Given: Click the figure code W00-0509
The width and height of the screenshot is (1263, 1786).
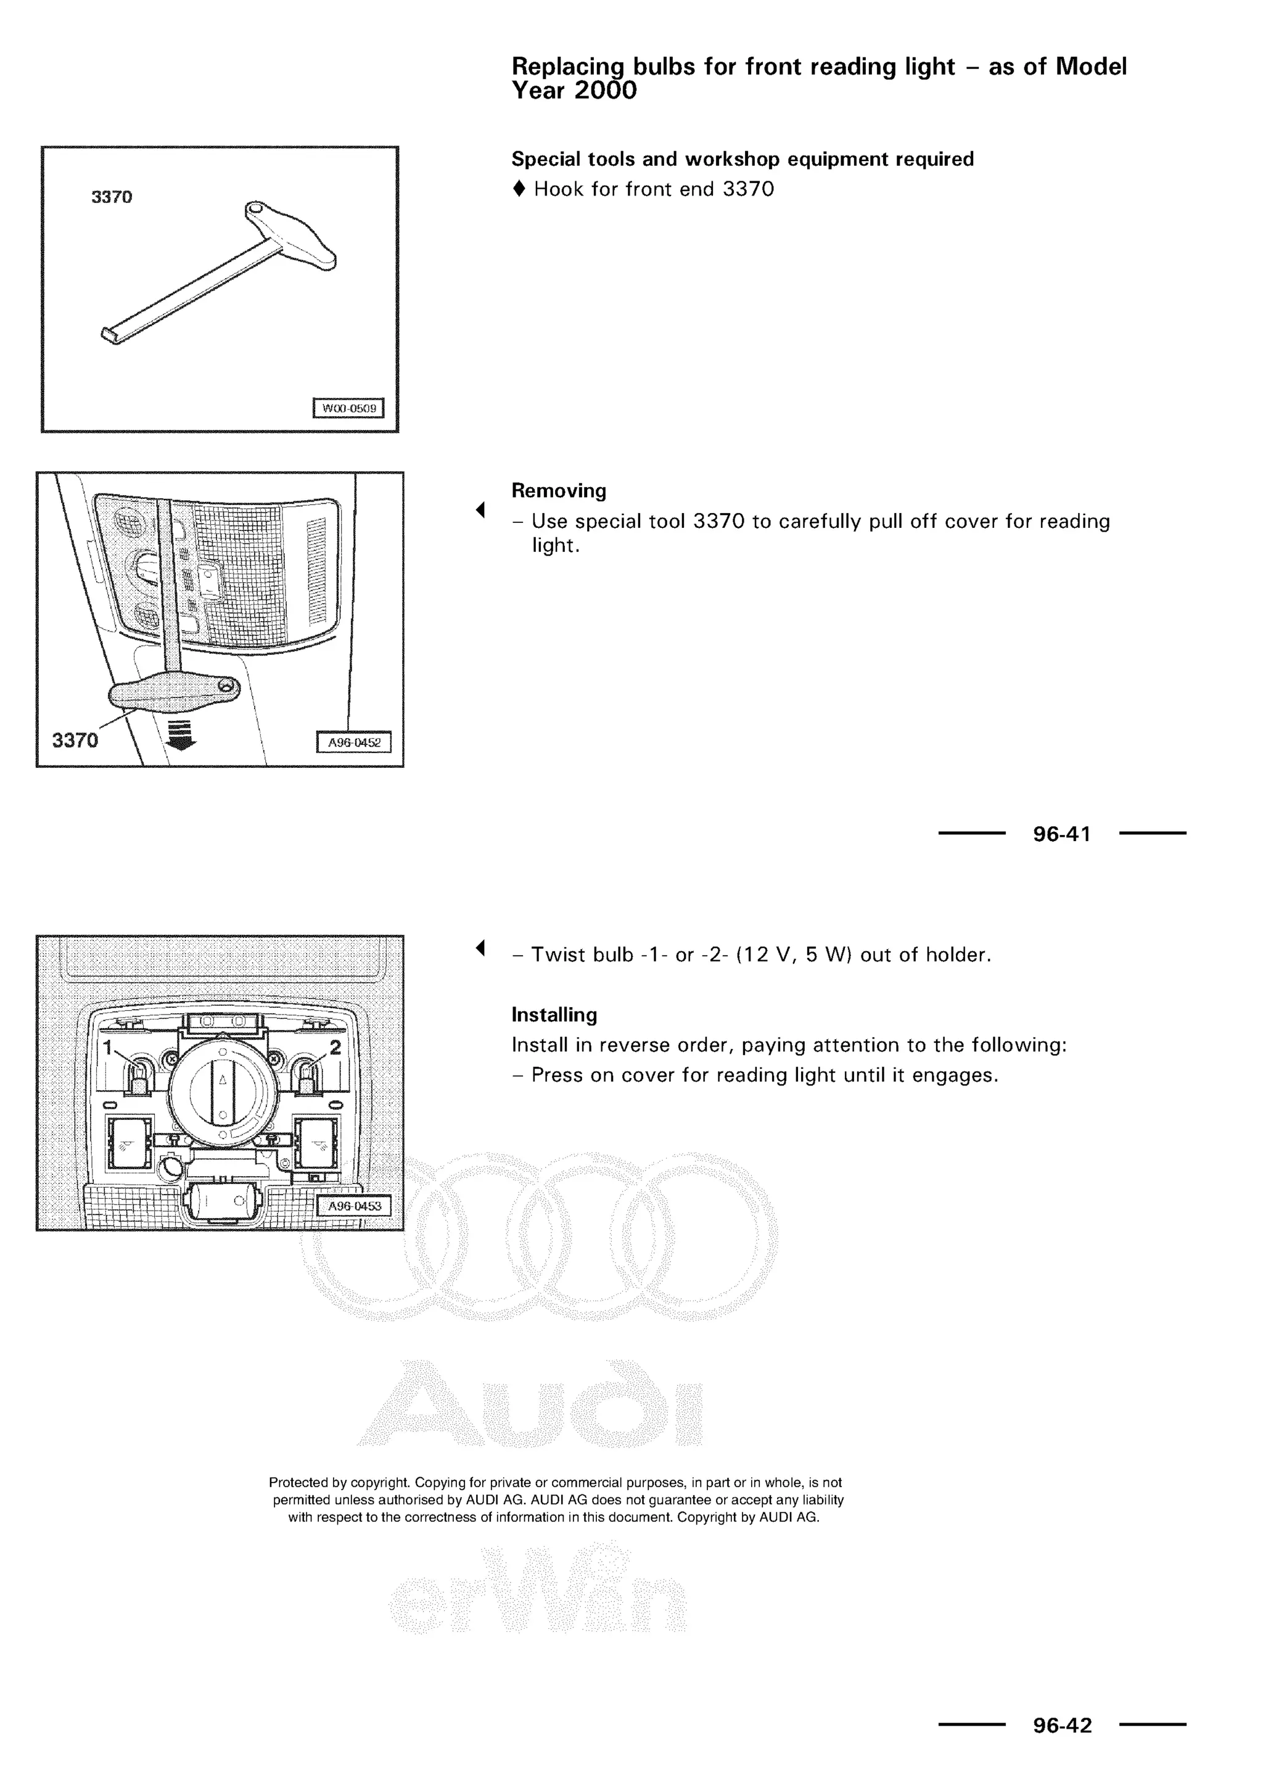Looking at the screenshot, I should tap(348, 408).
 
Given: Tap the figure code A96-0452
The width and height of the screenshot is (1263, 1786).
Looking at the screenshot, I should tap(354, 743).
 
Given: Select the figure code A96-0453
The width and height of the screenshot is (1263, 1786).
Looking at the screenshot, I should tap(355, 1206).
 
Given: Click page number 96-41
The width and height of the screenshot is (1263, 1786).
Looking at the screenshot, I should tap(1061, 834).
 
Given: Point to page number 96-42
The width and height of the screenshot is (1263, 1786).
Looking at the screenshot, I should tap(1061, 1726).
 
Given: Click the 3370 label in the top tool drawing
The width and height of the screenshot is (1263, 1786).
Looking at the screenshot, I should tap(112, 197).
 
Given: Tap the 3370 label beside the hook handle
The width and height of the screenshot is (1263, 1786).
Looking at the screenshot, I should tap(75, 741).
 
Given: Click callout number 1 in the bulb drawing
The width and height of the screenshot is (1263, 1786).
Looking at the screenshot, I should tap(108, 1047).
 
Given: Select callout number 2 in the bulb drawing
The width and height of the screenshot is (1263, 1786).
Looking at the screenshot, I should tap(335, 1047).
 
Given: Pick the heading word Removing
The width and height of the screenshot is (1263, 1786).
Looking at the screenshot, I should tap(558, 491).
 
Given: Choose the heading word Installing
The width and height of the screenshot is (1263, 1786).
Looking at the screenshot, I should tap(554, 1015).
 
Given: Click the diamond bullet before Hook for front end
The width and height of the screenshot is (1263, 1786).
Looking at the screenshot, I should tap(519, 189).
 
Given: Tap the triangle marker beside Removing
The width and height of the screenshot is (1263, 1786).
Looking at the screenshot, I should tap(480, 510).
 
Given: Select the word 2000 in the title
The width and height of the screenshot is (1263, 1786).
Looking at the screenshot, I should tap(605, 91).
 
